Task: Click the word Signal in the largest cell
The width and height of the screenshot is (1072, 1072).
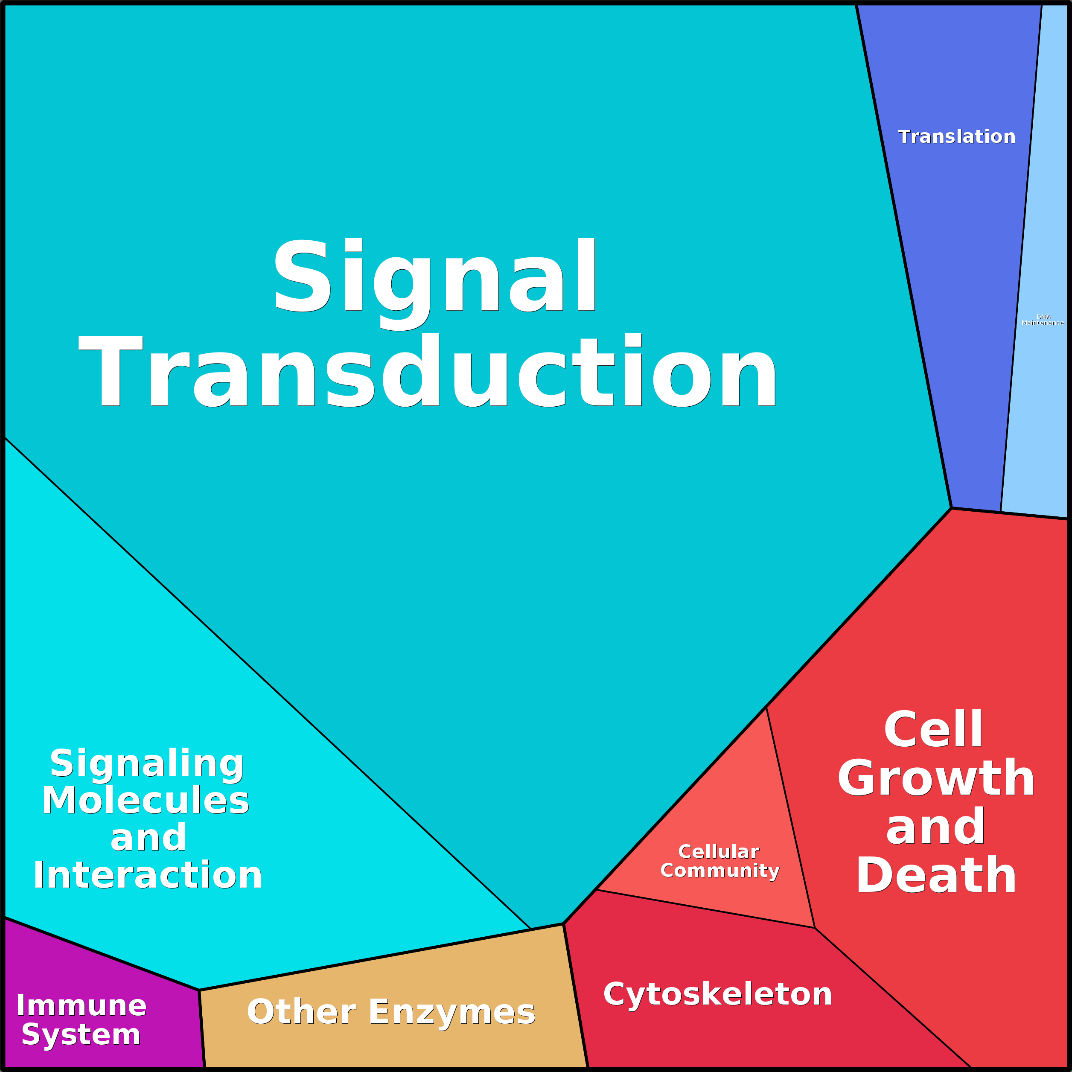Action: point(434,276)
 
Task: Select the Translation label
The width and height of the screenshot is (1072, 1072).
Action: point(957,137)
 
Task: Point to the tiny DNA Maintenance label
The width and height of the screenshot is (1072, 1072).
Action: point(1043,320)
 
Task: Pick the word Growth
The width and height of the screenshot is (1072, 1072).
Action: point(936,778)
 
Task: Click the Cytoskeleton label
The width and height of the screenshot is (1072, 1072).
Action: point(717,994)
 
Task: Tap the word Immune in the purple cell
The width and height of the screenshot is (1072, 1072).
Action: point(82,1005)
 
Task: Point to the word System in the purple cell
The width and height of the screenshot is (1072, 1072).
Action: point(81,1035)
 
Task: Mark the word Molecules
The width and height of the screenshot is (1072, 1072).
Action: point(146,801)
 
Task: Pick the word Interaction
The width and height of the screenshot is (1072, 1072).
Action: point(148,876)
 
